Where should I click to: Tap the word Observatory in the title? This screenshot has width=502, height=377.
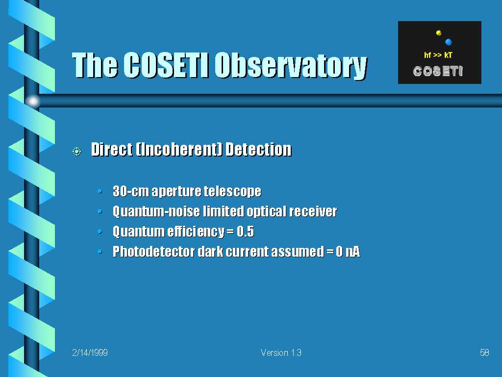pos(291,66)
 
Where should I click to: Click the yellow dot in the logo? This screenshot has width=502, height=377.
pos(439,33)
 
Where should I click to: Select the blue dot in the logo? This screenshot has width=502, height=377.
pos(448,42)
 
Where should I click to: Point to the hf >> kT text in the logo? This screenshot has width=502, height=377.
pos(438,55)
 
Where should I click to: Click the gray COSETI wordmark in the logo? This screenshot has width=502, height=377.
pos(438,71)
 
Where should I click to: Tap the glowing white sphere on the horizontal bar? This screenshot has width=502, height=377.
pos(33,101)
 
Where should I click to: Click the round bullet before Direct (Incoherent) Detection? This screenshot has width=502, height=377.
pos(77,151)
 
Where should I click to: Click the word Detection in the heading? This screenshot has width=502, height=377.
pos(258,149)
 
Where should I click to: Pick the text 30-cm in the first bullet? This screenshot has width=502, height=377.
pos(131,191)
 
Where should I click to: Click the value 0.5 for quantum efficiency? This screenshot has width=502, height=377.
pos(245,232)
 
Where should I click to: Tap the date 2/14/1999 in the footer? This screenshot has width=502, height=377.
pos(90,352)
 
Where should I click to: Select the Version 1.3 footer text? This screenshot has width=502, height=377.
pos(281,352)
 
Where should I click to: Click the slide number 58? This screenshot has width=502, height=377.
pos(484,352)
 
